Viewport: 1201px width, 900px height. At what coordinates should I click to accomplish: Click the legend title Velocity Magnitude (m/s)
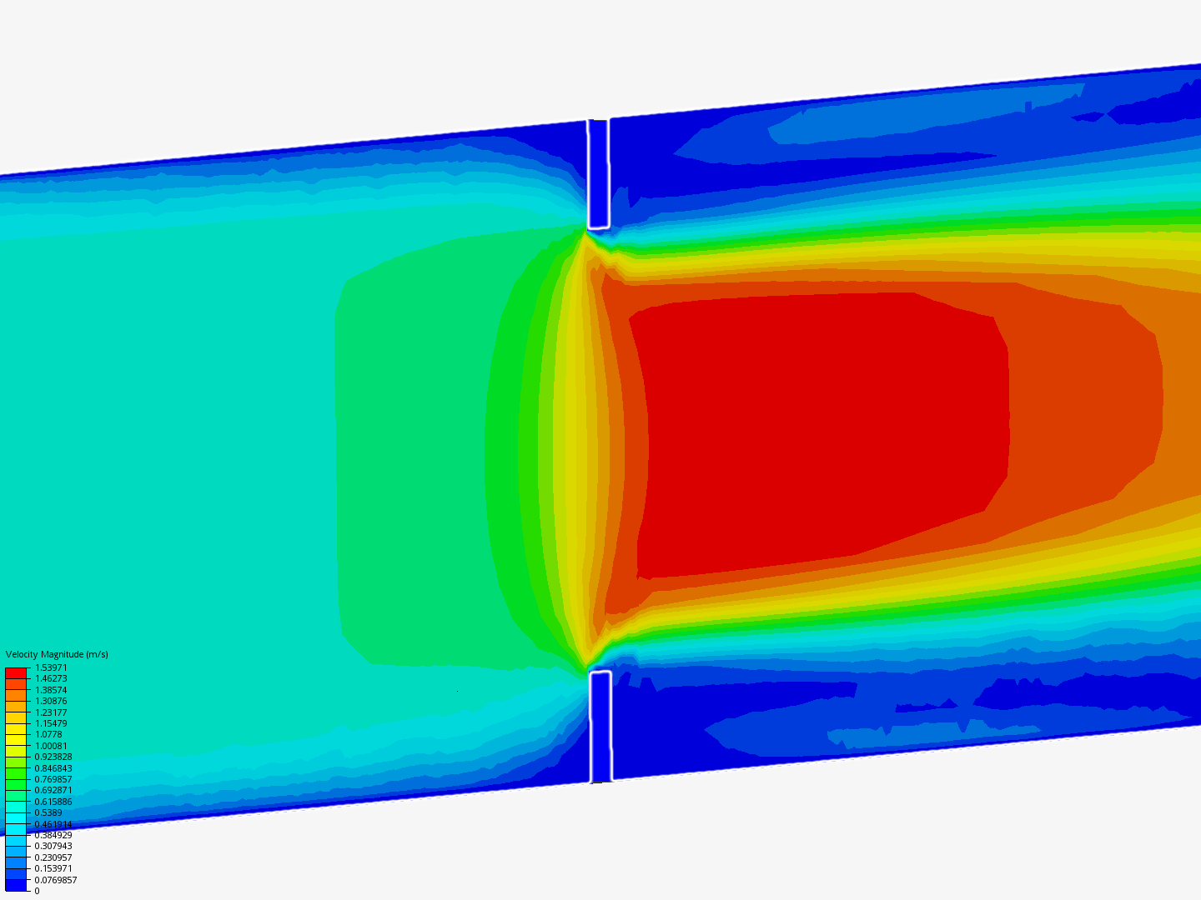(57, 654)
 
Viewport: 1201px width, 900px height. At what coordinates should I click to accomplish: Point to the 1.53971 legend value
(51, 667)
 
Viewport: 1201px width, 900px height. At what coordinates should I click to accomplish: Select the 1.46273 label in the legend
(51, 678)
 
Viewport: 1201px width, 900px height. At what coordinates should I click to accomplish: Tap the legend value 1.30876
(51, 701)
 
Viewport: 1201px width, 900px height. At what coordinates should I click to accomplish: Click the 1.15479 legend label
(51, 723)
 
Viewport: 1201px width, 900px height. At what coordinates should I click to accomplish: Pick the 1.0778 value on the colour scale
(48, 734)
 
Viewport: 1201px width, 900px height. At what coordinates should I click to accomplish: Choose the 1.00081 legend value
(51, 746)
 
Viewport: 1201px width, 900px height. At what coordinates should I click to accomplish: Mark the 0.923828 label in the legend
(53, 757)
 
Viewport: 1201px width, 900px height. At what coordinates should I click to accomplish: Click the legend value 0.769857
(53, 779)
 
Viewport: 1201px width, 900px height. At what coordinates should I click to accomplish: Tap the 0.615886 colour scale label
(53, 802)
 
